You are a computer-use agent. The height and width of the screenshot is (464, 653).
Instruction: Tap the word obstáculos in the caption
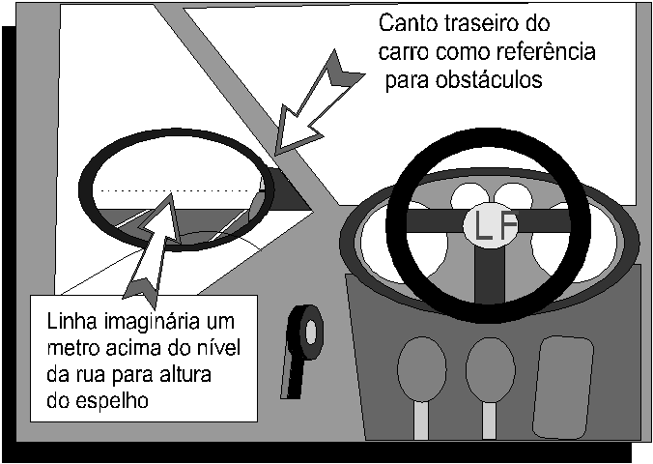pos(489,79)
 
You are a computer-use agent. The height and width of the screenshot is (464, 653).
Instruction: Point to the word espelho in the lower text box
pos(112,401)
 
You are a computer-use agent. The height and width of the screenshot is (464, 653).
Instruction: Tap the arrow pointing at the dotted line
pos(152,246)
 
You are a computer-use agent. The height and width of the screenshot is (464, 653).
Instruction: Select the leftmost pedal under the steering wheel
pos(421,364)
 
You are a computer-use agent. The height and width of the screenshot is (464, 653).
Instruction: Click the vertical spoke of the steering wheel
pos(490,275)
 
